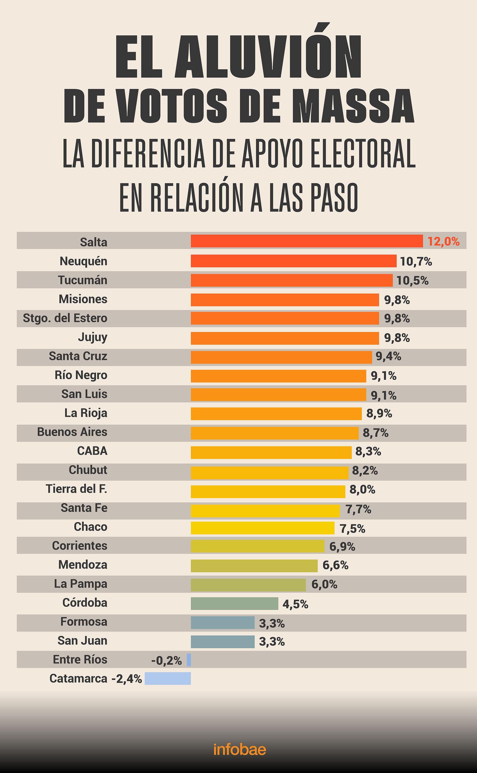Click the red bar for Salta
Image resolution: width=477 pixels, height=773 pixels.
coord(307,241)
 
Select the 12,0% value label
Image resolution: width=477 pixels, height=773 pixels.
coord(443,242)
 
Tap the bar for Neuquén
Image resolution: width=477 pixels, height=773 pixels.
coord(293,261)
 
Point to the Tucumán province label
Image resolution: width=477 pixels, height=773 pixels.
coord(83,280)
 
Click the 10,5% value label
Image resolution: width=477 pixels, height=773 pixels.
coord(412,280)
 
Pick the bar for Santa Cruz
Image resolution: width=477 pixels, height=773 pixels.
coord(281,357)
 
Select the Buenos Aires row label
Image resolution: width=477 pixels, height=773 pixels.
coord(72,432)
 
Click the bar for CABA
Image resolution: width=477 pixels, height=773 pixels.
coord(271,453)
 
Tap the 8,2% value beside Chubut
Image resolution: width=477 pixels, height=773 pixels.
coord(365,471)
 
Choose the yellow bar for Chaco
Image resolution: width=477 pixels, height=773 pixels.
coord(263,528)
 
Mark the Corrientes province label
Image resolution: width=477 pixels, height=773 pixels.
coord(79,546)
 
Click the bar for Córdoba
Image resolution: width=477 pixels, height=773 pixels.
coord(234,604)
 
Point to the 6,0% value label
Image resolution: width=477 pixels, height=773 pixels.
coord(324,585)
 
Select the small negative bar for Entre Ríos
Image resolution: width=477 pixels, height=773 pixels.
coord(189,660)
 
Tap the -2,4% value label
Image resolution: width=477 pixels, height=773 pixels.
coord(126,679)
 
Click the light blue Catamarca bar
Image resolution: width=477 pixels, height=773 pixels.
coord(168,678)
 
